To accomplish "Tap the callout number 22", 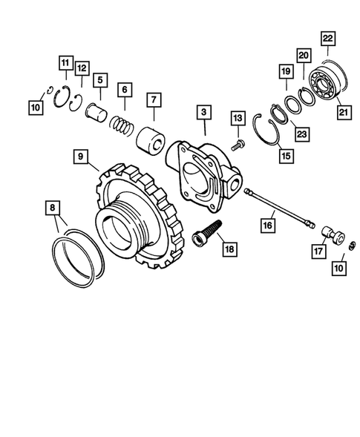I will tap(327, 38).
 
